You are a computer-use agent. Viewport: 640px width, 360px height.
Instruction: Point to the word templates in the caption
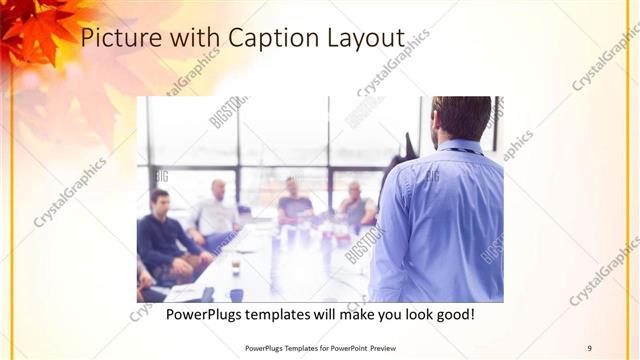293,315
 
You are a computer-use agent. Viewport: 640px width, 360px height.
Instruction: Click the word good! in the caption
452,315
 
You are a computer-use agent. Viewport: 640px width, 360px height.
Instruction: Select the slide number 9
589,347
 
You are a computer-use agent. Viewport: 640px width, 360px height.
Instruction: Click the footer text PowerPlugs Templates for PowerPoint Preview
321,347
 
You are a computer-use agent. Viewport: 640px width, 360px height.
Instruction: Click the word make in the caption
346,315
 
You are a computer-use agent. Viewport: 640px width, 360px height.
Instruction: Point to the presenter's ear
438,122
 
